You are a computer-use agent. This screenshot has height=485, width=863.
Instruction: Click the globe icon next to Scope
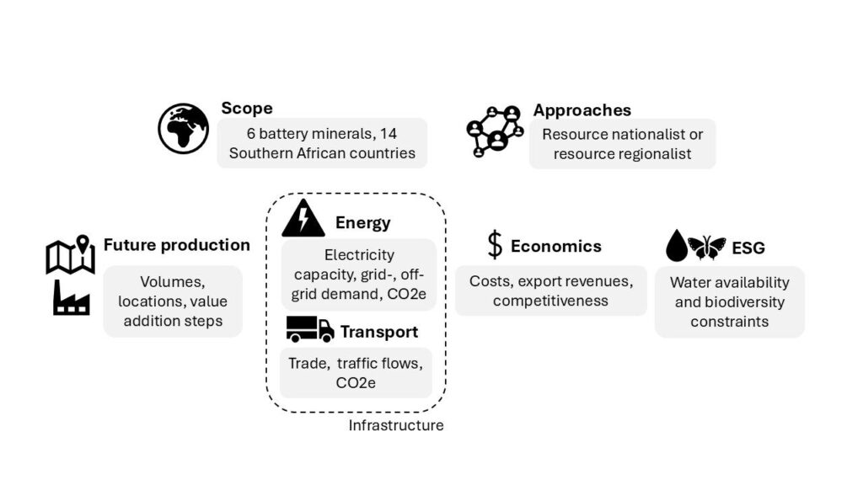[183, 128]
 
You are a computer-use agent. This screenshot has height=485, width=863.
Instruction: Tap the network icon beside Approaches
[495, 131]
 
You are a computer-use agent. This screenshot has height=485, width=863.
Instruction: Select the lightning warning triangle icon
[303, 219]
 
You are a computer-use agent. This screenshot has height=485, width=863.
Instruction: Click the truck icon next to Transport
[309, 328]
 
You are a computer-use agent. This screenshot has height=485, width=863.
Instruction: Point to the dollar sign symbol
[495, 245]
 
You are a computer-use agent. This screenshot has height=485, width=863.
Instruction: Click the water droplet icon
[677, 246]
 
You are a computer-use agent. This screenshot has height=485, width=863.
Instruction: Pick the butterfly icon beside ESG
[706, 247]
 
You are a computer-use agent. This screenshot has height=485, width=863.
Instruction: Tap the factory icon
[71, 298]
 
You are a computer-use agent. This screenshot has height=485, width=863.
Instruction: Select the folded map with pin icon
[70, 255]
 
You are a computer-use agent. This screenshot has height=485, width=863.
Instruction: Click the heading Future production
[176, 245]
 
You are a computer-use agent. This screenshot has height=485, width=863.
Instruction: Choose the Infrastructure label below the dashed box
[396, 425]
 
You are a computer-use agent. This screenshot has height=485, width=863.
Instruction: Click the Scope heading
[247, 108]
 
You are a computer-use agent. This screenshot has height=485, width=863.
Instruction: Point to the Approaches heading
[582, 110]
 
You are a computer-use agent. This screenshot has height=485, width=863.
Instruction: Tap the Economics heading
[555, 246]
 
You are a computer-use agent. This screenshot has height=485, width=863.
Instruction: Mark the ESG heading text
[748, 248]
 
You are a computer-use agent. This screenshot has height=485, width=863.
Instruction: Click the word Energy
[362, 222]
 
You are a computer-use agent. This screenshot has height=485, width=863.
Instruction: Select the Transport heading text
[378, 332]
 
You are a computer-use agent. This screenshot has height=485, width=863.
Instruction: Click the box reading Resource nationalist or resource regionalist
[622, 143]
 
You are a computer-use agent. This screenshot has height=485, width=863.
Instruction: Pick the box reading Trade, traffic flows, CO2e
[355, 372]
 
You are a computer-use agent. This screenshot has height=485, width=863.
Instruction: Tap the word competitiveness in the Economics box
[550, 301]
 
